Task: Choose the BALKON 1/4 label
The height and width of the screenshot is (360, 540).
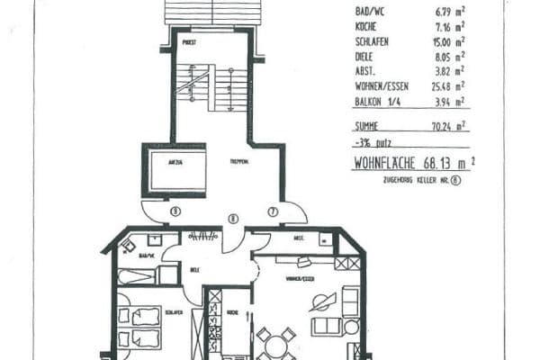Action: (x=376, y=100)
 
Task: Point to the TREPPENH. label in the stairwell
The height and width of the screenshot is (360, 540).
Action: (x=238, y=162)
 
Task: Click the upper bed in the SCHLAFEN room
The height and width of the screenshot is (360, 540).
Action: (x=140, y=316)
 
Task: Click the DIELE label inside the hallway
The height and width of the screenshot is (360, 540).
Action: (x=195, y=269)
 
